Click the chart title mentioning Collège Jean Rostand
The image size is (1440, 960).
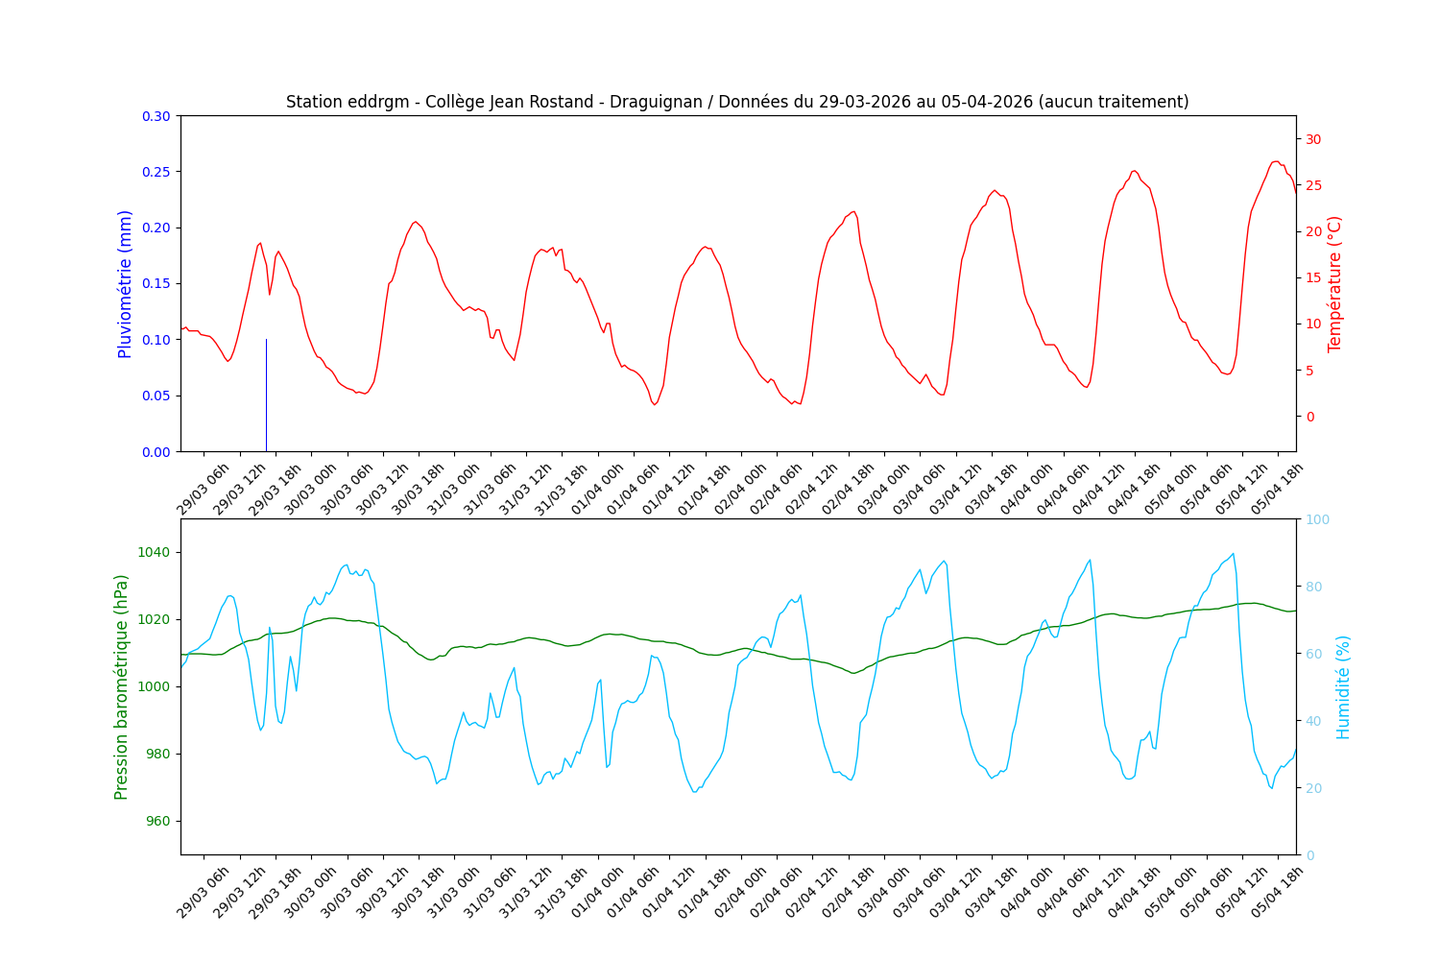point(737,102)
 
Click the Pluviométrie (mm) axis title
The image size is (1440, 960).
point(125,284)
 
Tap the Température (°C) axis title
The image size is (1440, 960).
point(1334,284)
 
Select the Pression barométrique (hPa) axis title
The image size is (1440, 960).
point(122,686)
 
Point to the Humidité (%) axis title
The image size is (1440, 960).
point(1343,686)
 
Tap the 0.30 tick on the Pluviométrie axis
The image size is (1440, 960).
point(156,116)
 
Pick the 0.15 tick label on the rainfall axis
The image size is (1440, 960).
point(156,284)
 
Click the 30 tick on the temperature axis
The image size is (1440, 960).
point(1312,139)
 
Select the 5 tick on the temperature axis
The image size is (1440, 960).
point(1308,371)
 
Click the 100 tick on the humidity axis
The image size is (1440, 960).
point(1316,519)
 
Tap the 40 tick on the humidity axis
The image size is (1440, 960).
point(1312,721)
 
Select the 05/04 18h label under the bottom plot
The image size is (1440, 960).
point(1277,892)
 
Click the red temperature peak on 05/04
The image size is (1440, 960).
point(1276,161)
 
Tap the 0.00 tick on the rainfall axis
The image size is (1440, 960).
point(156,451)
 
